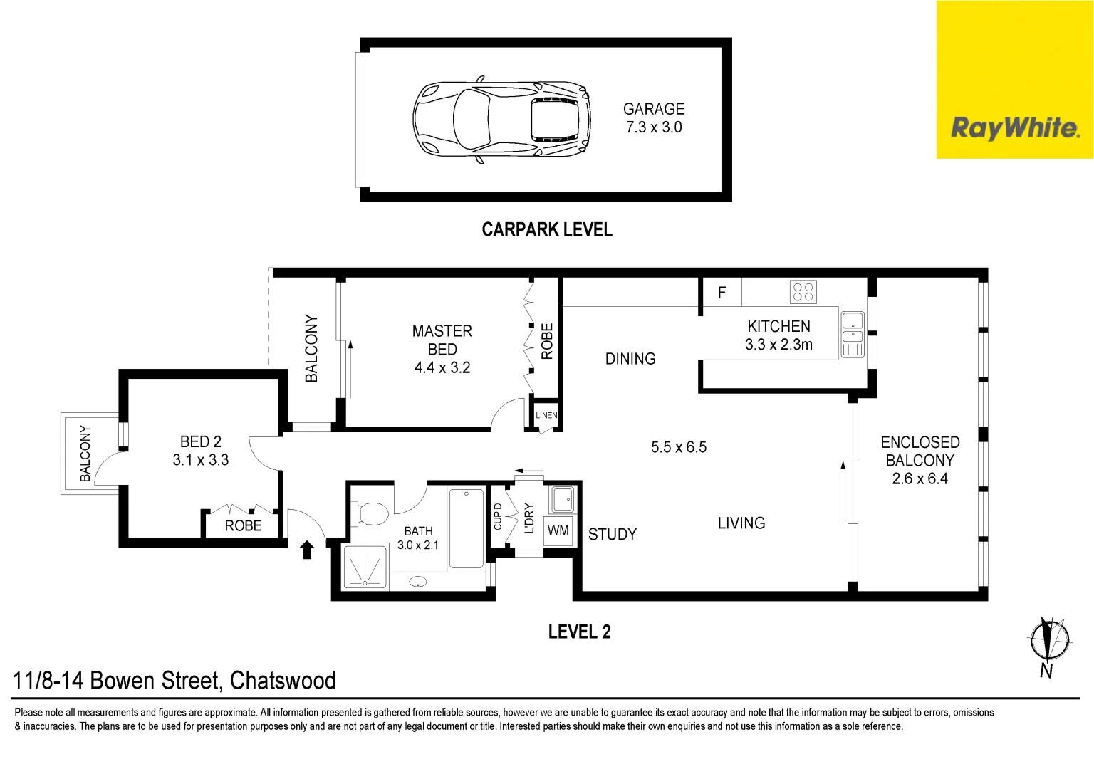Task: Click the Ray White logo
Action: (x=1014, y=128)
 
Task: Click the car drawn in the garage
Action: (x=502, y=119)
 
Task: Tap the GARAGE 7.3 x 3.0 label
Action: (x=653, y=118)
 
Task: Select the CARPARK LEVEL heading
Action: (x=547, y=229)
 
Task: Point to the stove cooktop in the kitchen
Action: (x=803, y=292)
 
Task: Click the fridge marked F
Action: (x=721, y=293)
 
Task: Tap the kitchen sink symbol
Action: (x=852, y=334)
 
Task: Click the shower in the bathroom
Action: (x=365, y=567)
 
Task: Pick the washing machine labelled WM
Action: (x=558, y=530)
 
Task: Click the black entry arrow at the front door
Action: (x=307, y=549)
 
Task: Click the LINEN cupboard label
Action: (x=546, y=415)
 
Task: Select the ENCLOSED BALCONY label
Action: (x=920, y=460)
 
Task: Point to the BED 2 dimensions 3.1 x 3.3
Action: (x=201, y=460)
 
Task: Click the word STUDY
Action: (x=612, y=534)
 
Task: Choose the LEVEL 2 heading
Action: (x=579, y=632)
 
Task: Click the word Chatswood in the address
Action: (x=283, y=681)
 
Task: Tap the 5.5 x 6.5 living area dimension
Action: (x=678, y=447)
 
